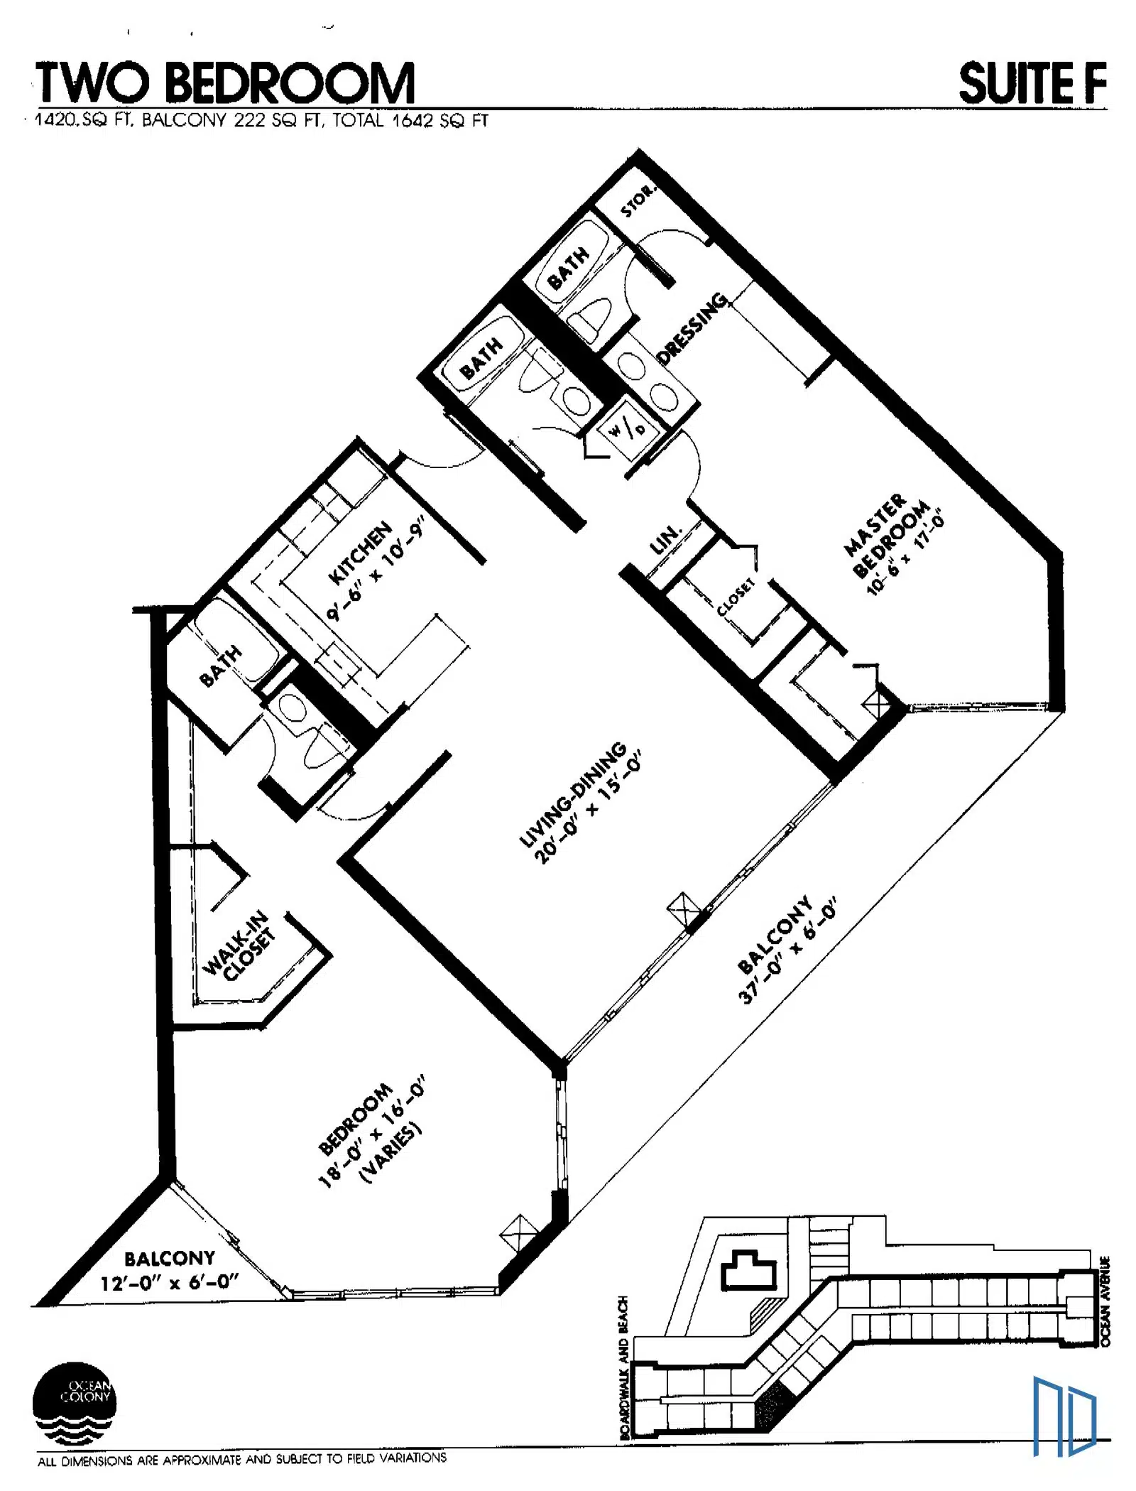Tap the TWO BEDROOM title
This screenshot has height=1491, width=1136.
click(x=225, y=83)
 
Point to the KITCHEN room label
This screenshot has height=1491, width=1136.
click(x=360, y=553)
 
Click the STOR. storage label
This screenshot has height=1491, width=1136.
click(x=637, y=200)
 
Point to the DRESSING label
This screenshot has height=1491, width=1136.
click(x=693, y=327)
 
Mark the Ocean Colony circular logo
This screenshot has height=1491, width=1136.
click(x=74, y=1404)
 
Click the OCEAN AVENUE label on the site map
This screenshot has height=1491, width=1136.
click(x=1105, y=1300)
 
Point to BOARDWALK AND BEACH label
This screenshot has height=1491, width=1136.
click(x=624, y=1367)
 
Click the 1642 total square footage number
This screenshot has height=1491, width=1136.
click(x=413, y=120)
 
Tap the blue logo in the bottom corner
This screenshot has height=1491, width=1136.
click(x=1064, y=1416)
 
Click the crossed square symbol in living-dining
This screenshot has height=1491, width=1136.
click(x=684, y=909)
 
